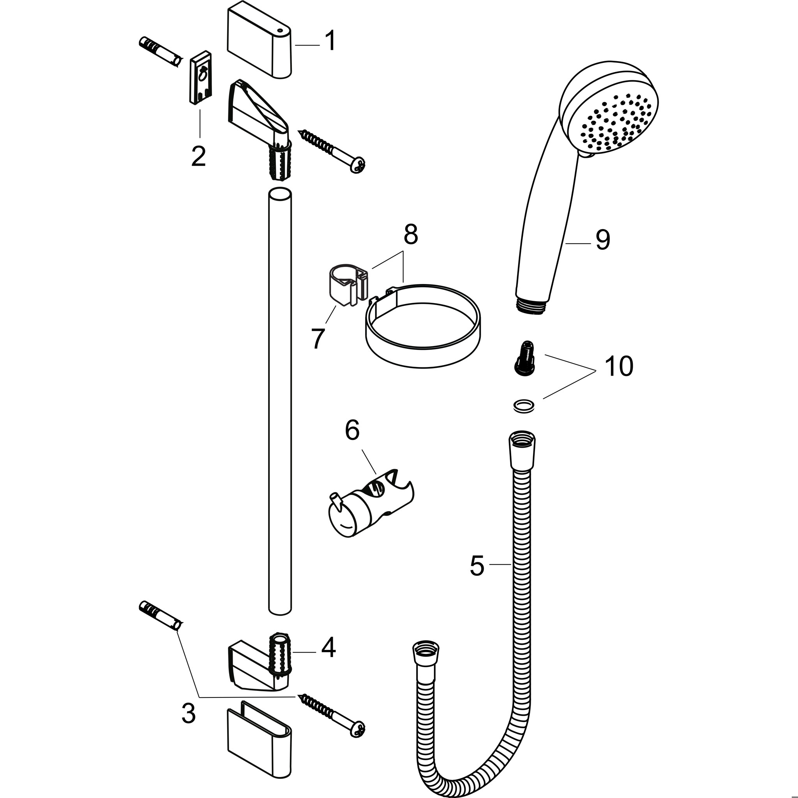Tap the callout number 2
pyautogui.click(x=199, y=156)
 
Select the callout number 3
pyautogui.click(x=188, y=713)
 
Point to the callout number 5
pyautogui.click(x=477, y=565)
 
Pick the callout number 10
pyautogui.click(x=619, y=366)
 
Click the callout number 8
pyautogui.click(x=411, y=235)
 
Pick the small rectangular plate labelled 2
pyautogui.click(x=201, y=78)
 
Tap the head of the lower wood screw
pyautogui.click(x=357, y=730)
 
